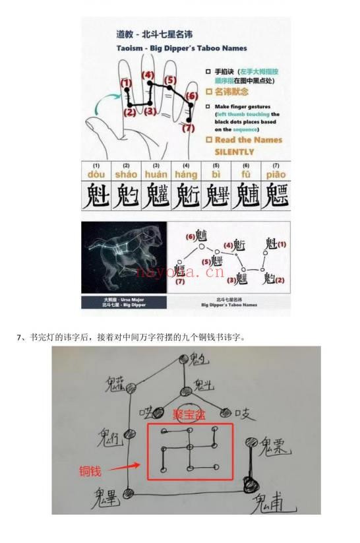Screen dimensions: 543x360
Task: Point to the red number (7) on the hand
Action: coord(189,127)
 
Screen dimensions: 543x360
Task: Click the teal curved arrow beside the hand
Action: coord(104,102)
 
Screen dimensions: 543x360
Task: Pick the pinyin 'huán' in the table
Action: coord(156,175)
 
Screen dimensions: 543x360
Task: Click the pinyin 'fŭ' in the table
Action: coord(246,175)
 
